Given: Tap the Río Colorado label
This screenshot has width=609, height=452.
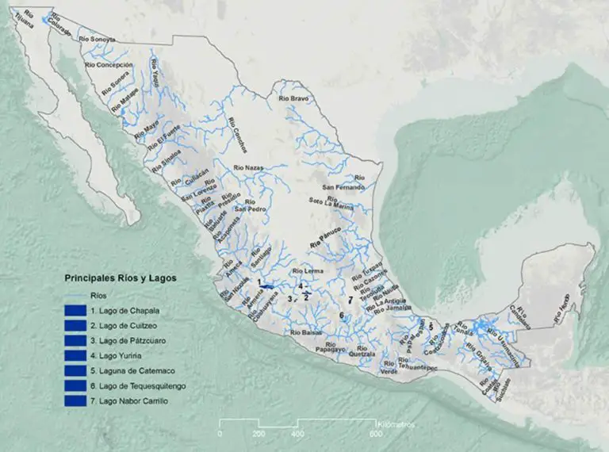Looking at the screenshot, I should (59, 23).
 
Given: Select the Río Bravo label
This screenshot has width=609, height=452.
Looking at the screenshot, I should (293, 99).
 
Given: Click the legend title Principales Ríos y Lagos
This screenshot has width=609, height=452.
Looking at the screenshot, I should (121, 278).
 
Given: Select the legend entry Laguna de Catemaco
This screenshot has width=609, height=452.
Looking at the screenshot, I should (128, 370).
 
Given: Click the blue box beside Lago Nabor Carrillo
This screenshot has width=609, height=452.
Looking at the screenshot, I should (75, 401).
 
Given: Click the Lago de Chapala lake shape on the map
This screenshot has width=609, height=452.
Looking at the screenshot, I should (270, 285).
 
